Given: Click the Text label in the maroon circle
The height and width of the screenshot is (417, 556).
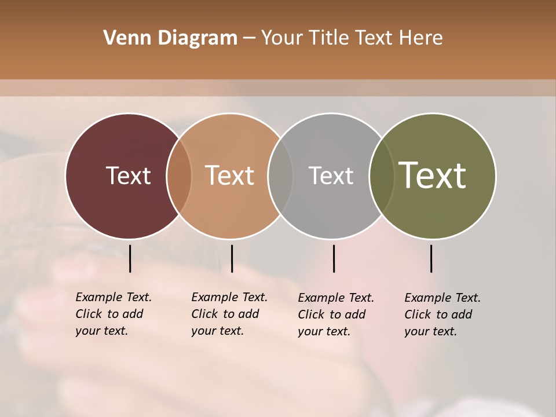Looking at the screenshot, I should pyautogui.click(x=128, y=175).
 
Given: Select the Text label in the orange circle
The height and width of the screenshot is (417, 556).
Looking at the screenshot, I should pyautogui.click(x=229, y=175).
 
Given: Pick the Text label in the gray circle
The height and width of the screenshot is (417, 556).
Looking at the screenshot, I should pyautogui.click(x=331, y=175).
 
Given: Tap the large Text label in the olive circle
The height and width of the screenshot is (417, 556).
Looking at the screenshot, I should pyautogui.click(x=433, y=175).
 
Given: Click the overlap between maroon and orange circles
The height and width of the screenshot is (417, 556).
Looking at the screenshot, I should pyautogui.click(x=179, y=175).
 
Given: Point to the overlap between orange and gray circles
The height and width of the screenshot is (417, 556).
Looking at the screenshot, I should pyautogui.click(x=281, y=175).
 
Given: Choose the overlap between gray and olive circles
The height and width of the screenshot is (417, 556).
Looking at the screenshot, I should pyautogui.click(x=382, y=175).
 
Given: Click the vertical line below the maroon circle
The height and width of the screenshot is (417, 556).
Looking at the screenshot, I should pyautogui.click(x=130, y=258).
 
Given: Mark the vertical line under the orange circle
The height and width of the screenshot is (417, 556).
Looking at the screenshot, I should pyautogui.click(x=232, y=258).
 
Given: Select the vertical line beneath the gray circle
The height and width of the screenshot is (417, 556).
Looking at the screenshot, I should pyautogui.click(x=334, y=258).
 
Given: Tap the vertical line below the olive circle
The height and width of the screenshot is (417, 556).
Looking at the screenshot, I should pyautogui.click(x=431, y=258).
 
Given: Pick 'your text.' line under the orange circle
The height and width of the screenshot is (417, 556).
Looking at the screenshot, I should pyautogui.click(x=217, y=331).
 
